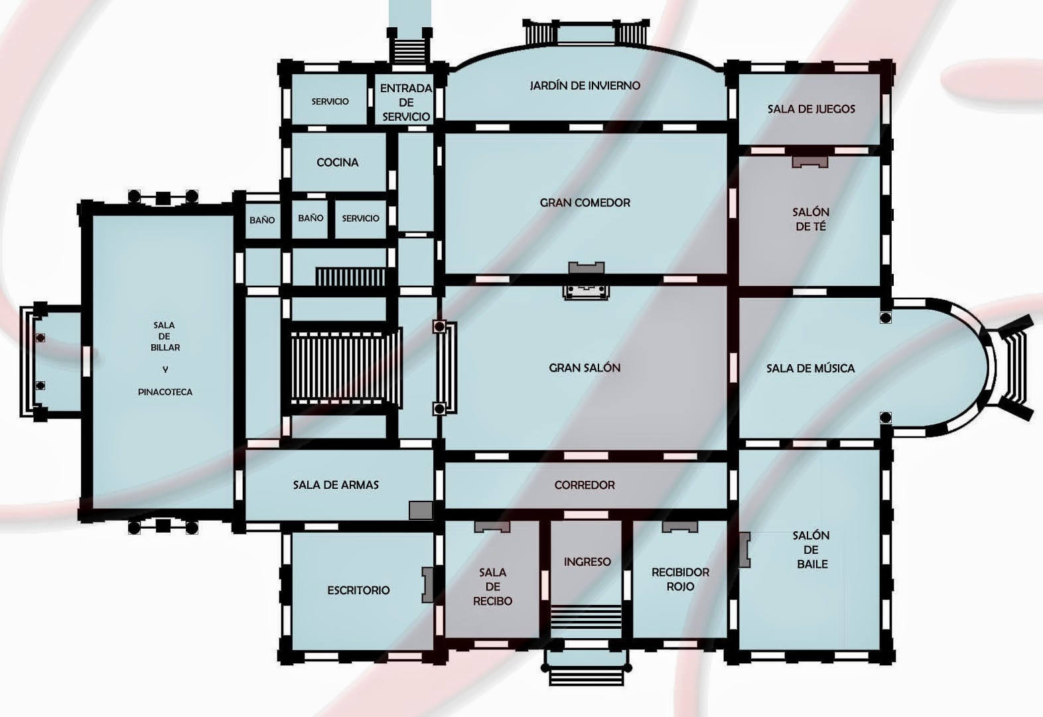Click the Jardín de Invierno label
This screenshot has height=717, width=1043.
585,86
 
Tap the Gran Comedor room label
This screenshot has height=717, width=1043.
585,202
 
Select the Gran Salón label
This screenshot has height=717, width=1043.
585,368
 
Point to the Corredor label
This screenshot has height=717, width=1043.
585,485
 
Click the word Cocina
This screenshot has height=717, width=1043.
338,163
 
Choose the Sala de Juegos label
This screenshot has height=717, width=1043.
811,109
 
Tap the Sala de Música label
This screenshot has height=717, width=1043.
811,368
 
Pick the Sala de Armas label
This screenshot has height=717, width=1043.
336,485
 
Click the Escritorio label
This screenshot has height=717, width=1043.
358,590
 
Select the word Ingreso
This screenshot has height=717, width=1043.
587,562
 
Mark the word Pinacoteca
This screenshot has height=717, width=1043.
165,392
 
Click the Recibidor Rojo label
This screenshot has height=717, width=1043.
680,579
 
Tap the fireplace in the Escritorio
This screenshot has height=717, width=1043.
427,584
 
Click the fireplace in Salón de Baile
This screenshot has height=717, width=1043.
744,550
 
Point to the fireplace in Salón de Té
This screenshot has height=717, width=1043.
810,162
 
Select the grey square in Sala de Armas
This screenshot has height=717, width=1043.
421,510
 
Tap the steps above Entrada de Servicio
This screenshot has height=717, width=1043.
410,51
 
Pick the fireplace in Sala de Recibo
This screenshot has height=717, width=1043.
492,527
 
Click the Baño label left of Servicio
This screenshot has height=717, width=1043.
311,218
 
